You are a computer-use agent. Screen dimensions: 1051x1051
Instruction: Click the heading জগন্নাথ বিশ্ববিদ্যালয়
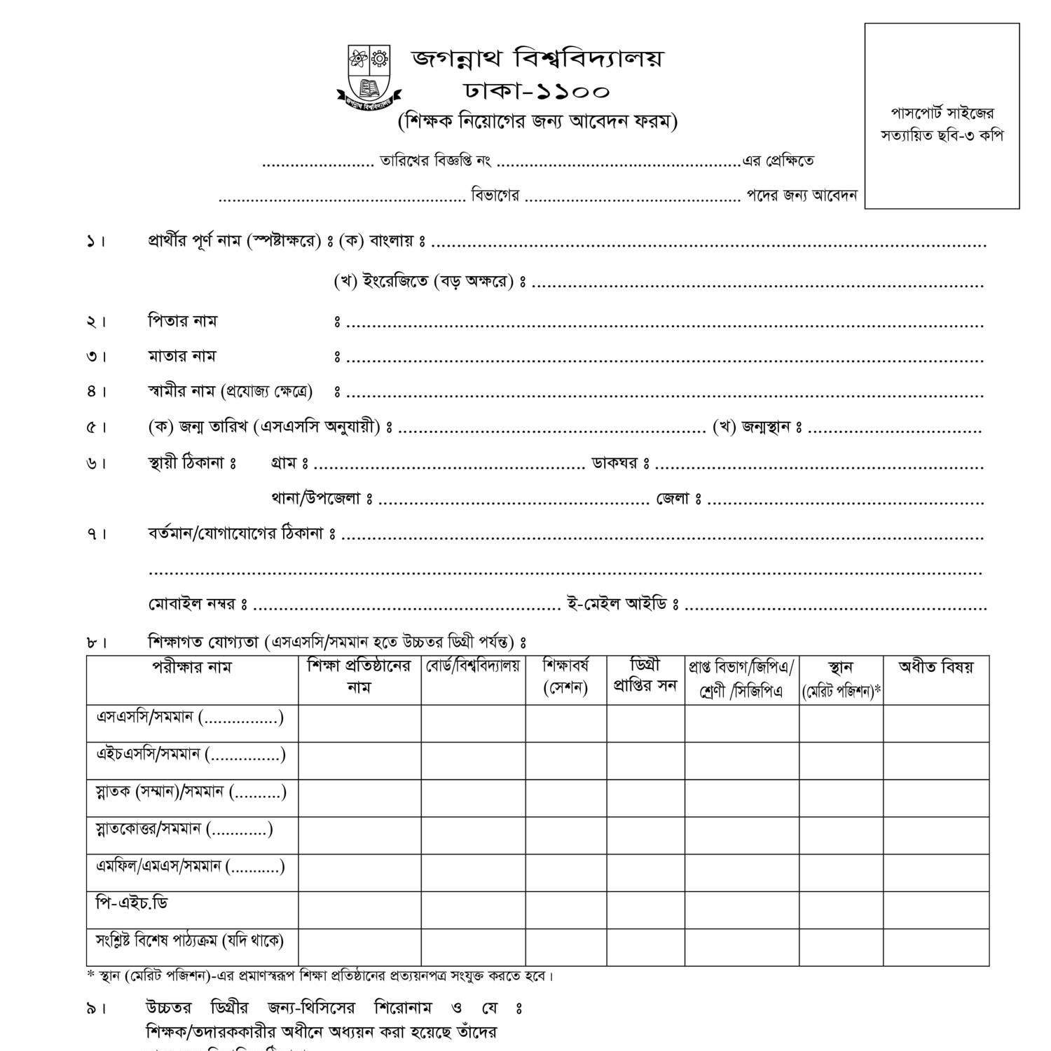tap(536, 59)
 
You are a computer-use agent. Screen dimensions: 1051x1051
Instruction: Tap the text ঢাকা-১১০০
tap(536, 92)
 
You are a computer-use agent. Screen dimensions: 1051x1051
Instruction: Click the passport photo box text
tap(942, 124)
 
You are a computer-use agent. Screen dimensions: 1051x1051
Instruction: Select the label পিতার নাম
tap(182, 322)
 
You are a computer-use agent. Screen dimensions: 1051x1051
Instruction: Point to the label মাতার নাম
tap(181, 357)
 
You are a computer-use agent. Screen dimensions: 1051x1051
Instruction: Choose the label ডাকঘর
tap(615, 463)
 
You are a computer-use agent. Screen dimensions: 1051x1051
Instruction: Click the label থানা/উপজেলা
tap(315, 499)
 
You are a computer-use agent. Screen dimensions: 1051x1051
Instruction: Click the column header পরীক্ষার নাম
tap(192, 667)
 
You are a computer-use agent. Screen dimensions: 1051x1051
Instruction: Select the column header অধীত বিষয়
tap(936, 667)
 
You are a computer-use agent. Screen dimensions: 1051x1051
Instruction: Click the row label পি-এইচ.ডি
tap(132, 904)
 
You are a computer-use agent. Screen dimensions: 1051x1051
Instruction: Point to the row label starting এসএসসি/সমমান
tap(189, 718)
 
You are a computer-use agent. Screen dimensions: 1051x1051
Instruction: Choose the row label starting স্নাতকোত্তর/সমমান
tap(184, 830)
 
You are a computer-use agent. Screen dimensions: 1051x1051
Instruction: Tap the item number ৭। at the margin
tap(97, 535)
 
